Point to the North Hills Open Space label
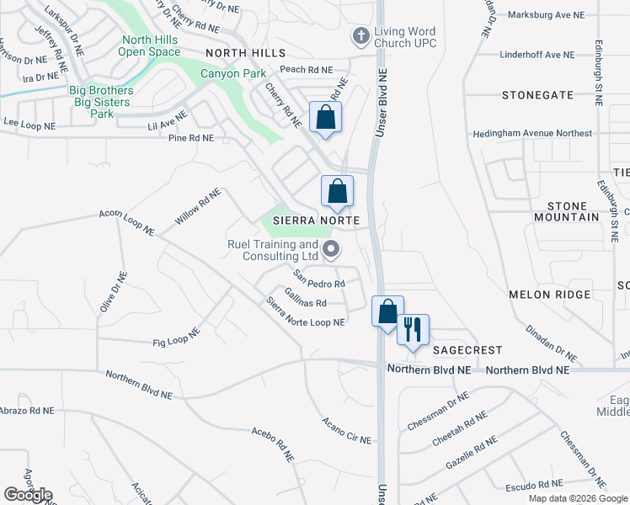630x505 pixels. tap(151, 45)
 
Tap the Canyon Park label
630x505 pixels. tap(227, 73)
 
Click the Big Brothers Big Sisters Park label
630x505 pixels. tap(101, 102)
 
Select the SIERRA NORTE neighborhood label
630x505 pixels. tap(316, 221)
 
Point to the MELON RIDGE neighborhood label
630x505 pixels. tap(549, 295)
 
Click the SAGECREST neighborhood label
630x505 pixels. tap(467, 349)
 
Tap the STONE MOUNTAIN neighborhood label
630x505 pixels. tap(567, 211)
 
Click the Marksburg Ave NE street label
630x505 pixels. tap(547, 15)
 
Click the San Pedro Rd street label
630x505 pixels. tap(319, 279)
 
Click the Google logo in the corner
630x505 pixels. tap(28, 495)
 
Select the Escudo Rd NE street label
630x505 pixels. tap(532, 485)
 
